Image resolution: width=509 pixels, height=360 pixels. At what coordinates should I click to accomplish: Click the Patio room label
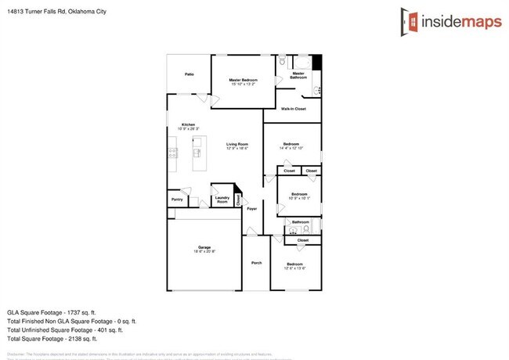(x=189, y=74)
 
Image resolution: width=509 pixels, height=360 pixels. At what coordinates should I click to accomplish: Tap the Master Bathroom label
(x=298, y=75)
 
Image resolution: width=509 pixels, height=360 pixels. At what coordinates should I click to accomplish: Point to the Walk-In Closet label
(x=293, y=109)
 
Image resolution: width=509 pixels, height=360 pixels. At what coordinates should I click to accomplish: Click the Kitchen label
(x=189, y=126)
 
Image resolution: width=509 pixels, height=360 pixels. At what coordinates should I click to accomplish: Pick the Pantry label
(x=177, y=200)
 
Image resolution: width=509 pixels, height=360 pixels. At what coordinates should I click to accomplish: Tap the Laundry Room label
(x=222, y=200)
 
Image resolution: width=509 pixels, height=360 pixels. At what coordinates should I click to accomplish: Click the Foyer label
(x=251, y=209)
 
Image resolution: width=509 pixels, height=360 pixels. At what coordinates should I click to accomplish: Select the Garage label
(x=204, y=249)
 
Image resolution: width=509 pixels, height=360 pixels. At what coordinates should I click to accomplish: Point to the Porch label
(x=256, y=263)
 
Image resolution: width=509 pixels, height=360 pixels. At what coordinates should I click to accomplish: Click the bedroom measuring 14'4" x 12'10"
(x=291, y=146)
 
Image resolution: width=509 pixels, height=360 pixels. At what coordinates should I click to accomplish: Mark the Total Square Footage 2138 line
(x=52, y=339)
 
